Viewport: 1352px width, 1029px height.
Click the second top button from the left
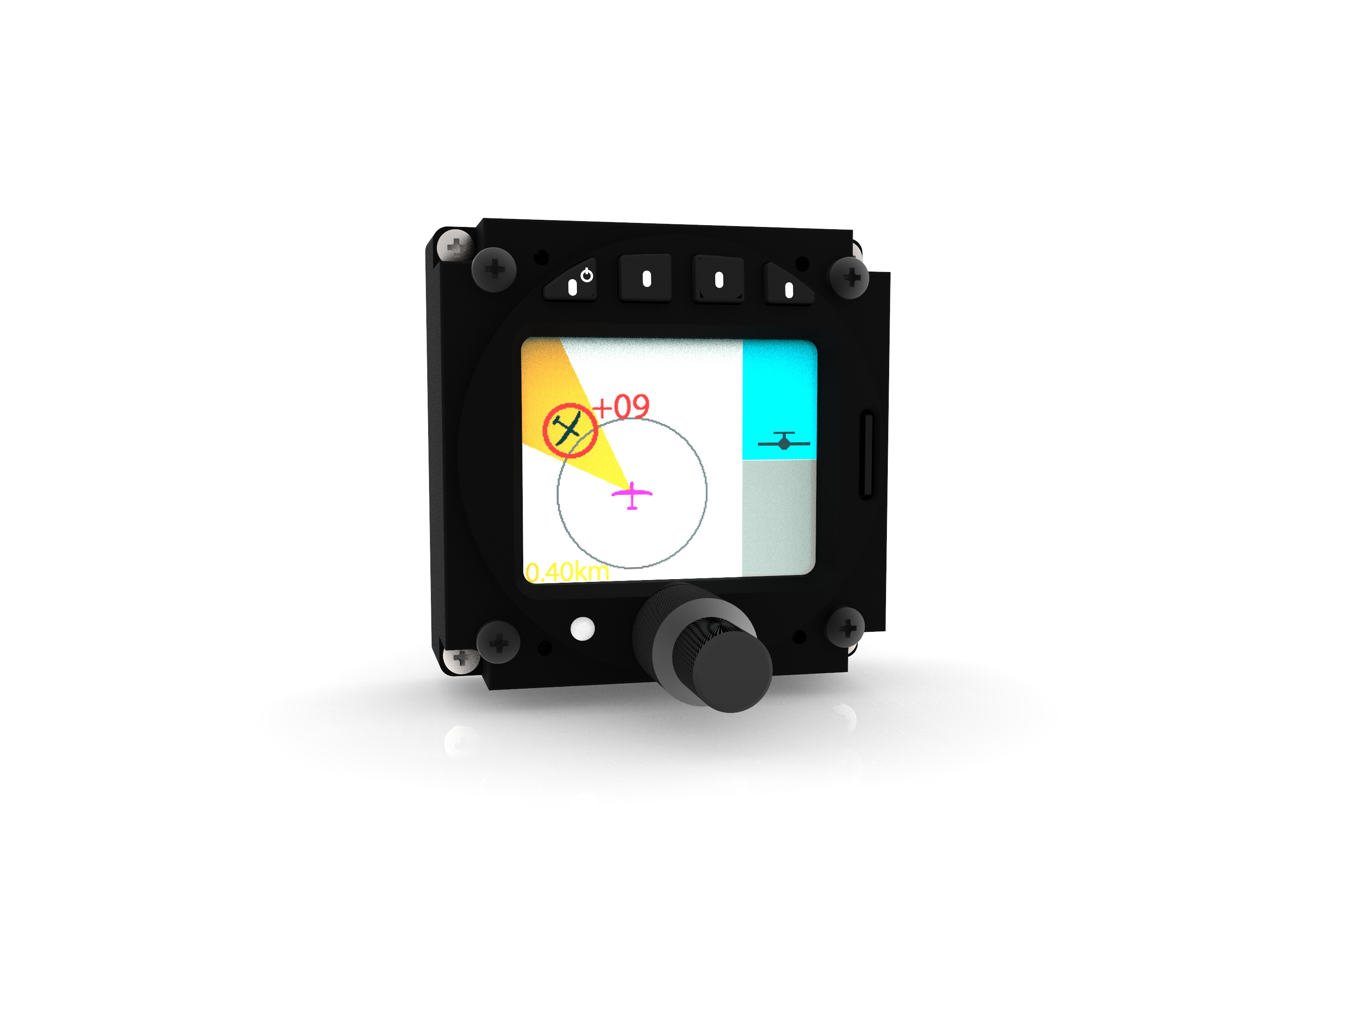pyautogui.click(x=645, y=279)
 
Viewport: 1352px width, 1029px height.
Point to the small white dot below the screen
pyautogui.click(x=582, y=628)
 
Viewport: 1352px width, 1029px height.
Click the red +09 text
pyautogui.click(x=621, y=407)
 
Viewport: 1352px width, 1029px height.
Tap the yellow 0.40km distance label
pyautogui.click(x=567, y=572)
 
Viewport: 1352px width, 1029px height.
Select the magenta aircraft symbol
pyautogui.click(x=632, y=495)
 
